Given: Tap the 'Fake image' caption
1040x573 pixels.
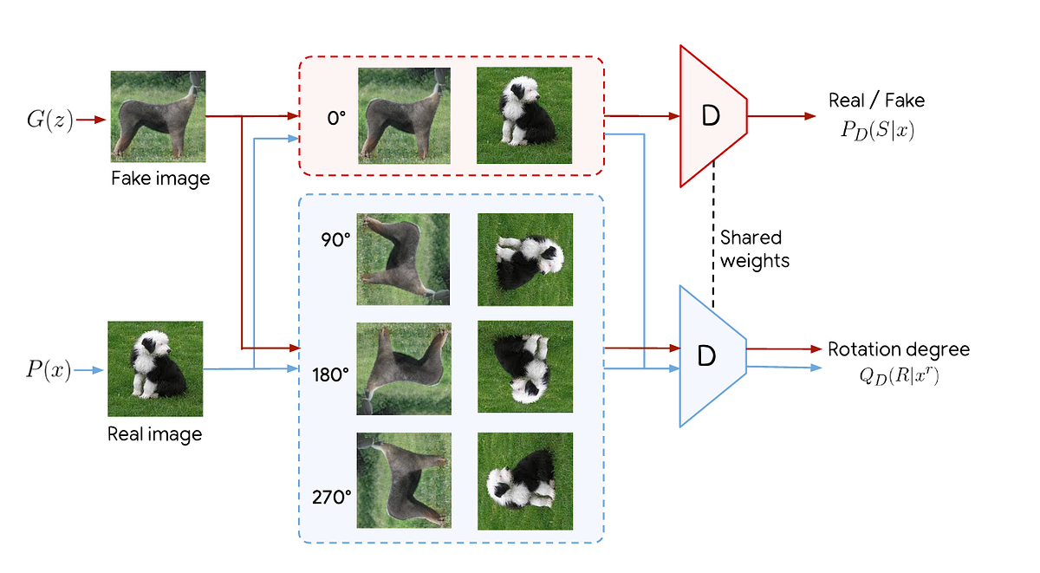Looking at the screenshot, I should click(x=159, y=179).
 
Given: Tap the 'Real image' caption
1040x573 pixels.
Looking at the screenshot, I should click(x=154, y=433).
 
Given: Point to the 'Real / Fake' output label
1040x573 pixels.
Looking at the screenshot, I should click(x=876, y=101).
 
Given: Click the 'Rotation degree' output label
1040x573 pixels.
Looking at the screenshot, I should click(x=899, y=350).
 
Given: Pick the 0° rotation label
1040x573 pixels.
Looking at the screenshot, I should click(x=336, y=117).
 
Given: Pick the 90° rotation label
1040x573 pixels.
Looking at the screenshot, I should click(x=335, y=238).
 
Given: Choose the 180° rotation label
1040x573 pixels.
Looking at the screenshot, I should click(x=331, y=375).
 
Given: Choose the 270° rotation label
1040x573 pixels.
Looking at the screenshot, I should click(x=331, y=497).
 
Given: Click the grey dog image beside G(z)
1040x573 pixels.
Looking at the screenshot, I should click(x=158, y=116).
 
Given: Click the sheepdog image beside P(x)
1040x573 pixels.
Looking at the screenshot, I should click(x=155, y=368).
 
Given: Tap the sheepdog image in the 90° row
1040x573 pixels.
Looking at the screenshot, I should click(x=525, y=259).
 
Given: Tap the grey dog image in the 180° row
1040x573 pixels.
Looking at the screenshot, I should click(x=404, y=368).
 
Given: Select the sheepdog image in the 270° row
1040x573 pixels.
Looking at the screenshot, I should click(x=525, y=481).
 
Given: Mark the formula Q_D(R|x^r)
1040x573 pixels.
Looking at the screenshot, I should click(x=895, y=376).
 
